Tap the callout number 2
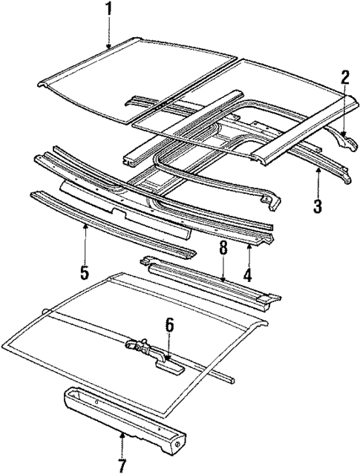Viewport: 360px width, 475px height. tap(345, 77)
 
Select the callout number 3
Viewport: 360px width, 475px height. tap(318, 205)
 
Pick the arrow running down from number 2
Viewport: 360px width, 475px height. tap(344, 111)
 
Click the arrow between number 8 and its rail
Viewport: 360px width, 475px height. tap(222, 270)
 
